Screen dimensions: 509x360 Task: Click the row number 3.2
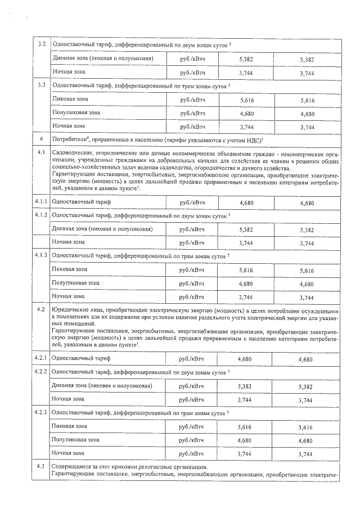click(40, 44)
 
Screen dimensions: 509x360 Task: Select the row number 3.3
click(40, 85)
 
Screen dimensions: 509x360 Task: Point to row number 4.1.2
click(40, 215)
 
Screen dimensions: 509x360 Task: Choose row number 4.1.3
click(40, 256)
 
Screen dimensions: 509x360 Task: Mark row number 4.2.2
click(40, 372)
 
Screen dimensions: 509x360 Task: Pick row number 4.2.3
click(40, 413)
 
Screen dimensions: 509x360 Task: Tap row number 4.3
click(40, 467)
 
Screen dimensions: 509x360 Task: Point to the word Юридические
click(70, 310)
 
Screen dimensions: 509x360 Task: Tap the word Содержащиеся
click(71, 467)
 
